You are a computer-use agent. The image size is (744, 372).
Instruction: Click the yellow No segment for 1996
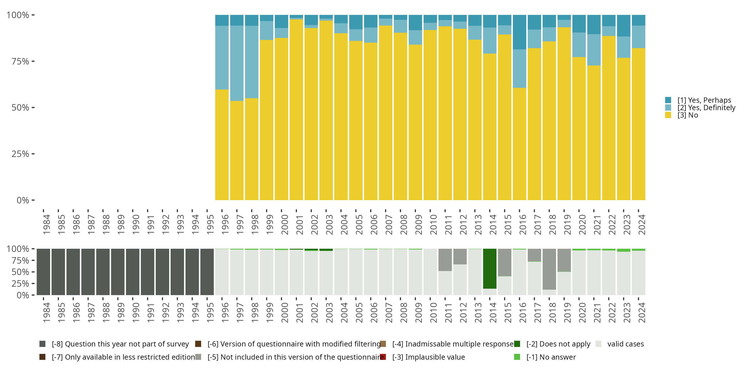(x=222, y=144)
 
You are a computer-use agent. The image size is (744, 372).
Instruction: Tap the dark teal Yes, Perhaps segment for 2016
(x=519, y=32)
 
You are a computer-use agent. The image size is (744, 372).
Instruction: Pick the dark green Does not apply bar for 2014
(x=490, y=269)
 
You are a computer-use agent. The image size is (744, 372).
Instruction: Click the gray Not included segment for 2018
(x=549, y=269)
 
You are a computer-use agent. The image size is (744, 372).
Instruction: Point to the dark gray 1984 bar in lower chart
(x=43, y=272)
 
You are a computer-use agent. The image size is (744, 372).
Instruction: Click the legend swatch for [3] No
(x=668, y=115)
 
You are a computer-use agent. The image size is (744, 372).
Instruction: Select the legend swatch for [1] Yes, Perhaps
(x=668, y=100)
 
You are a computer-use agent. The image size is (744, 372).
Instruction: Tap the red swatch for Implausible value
(x=383, y=357)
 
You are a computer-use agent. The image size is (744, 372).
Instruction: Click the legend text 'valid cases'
(x=626, y=344)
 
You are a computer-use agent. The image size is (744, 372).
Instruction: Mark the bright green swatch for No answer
(x=517, y=357)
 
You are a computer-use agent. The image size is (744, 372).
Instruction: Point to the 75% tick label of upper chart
(x=20, y=61)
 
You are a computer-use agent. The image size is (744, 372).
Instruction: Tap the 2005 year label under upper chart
(x=358, y=224)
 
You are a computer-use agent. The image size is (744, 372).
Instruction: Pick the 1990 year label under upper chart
(x=135, y=224)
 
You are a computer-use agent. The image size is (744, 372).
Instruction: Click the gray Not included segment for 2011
(x=445, y=260)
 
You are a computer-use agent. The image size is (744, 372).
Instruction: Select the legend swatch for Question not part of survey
(x=42, y=344)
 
